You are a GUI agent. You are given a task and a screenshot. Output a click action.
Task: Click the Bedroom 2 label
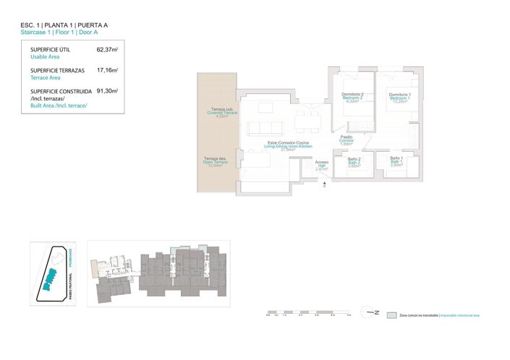pyautogui.click(x=352, y=98)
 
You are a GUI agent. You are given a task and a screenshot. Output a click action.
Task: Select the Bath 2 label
pyautogui.click(x=354, y=163)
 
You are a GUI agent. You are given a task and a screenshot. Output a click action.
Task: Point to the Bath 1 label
pyautogui.click(x=396, y=162)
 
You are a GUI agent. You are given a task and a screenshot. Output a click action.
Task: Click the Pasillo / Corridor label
pyautogui.click(x=347, y=140)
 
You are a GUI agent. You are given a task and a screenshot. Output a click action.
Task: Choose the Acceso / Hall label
pyautogui.click(x=322, y=166)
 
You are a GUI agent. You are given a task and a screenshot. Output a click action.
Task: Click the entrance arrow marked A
pyautogui.click(x=325, y=187)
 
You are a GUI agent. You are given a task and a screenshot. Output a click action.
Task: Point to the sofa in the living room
pyautogui.click(x=263, y=128)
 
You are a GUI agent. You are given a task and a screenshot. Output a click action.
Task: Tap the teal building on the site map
pyautogui.click(x=49, y=278)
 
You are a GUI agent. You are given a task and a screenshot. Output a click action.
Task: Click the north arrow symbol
pyautogui.click(x=371, y=313)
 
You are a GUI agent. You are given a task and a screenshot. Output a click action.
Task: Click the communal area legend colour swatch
pyautogui.click(x=391, y=316)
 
